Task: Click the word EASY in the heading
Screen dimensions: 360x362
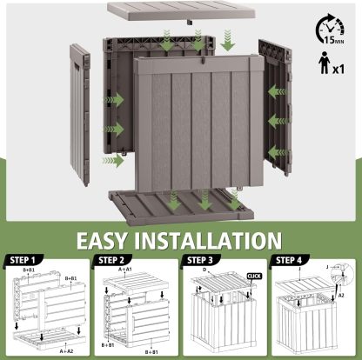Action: [x=113, y=241]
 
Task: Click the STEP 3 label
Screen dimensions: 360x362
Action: [x=203, y=260]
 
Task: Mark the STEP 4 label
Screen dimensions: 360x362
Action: [x=292, y=260]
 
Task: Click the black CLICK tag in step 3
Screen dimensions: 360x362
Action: [x=254, y=276]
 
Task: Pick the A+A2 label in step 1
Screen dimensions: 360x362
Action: [x=65, y=351]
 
